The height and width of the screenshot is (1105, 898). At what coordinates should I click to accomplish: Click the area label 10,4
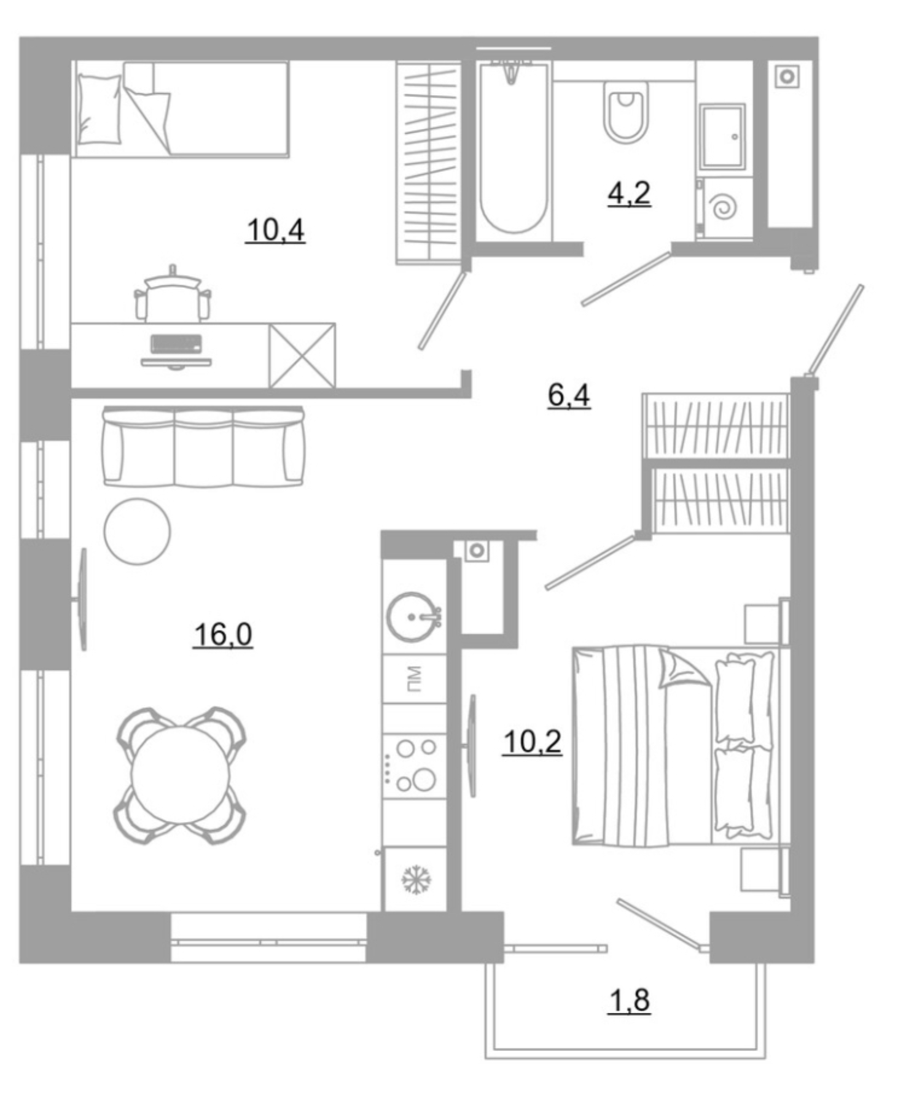tap(275, 231)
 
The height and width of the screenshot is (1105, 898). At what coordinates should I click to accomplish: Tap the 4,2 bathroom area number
tap(628, 195)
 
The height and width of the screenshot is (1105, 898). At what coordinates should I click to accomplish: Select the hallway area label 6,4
tap(569, 395)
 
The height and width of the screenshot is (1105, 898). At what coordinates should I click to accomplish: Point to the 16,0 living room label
tap(222, 634)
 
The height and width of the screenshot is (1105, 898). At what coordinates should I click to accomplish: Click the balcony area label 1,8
tap(628, 1000)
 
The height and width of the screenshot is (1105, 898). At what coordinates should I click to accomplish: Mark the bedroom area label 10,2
tap(532, 742)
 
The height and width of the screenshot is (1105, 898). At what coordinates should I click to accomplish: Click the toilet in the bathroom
tap(625, 112)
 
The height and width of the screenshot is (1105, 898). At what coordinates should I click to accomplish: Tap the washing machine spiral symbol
tap(725, 207)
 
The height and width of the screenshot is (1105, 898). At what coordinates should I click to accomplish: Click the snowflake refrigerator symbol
tap(416, 879)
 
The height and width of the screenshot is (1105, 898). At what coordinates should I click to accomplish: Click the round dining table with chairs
tap(179, 775)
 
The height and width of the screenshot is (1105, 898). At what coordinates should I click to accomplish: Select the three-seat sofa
tap(203, 447)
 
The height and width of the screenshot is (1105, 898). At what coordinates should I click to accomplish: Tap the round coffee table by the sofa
tap(137, 531)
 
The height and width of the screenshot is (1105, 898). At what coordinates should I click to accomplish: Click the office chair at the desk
tap(173, 295)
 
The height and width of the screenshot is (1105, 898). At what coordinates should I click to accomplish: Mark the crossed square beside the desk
tap(302, 356)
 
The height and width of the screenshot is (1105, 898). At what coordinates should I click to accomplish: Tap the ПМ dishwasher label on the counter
tap(414, 678)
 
